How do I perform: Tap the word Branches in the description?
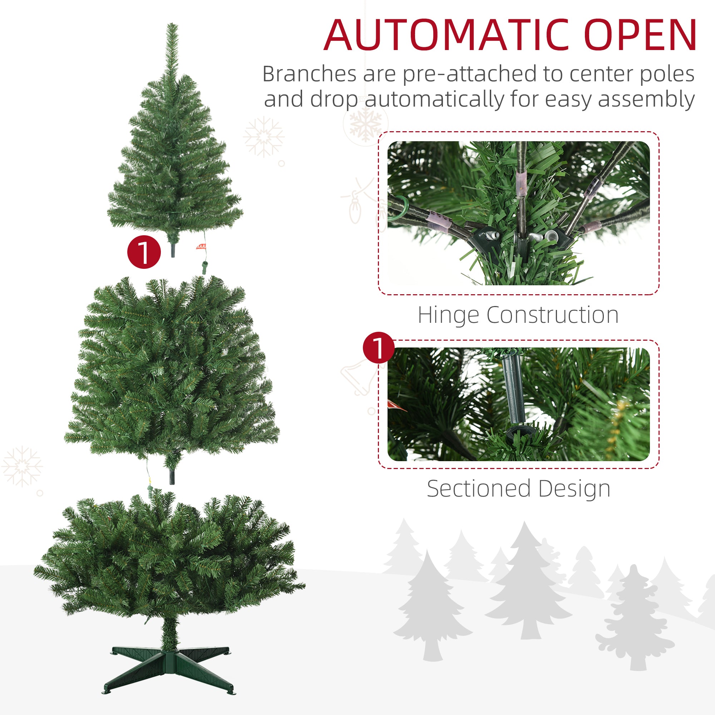click(309, 74)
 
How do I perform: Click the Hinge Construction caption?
click(518, 315)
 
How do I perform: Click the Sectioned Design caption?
click(518, 489)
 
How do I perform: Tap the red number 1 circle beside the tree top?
click(144, 252)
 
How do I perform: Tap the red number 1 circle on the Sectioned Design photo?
click(379, 347)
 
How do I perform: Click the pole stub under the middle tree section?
click(172, 477)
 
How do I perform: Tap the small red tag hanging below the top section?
click(201, 246)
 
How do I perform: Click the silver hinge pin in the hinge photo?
click(551, 235)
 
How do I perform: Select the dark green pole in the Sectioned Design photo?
click(514, 392)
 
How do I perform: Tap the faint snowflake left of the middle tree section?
click(22, 466)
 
